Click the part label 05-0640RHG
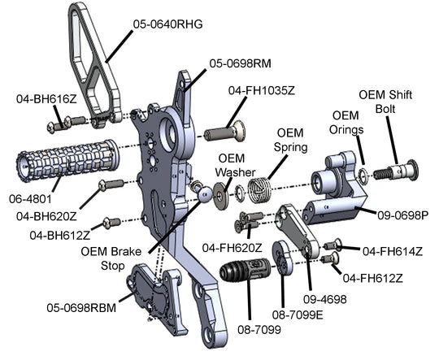(x=167, y=24)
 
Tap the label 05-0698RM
(x=240, y=64)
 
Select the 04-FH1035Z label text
(x=262, y=91)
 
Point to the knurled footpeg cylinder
(x=67, y=160)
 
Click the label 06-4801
(x=30, y=199)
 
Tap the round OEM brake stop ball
(x=206, y=194)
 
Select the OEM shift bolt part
(x=397, y=171)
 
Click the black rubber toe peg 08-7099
(x=245, y=270)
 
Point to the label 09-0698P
(x=402, y=215)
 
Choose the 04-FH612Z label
(x=372, y=278)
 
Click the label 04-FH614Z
(x=392, y=251)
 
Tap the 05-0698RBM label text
(x=81, y=308)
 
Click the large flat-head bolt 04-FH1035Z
(x=224, y=132)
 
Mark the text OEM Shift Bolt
(x=385, y=102)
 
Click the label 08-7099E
(x=298, y=315)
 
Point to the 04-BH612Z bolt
(x=111, y=223)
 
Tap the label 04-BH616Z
(x=46, y=99)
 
